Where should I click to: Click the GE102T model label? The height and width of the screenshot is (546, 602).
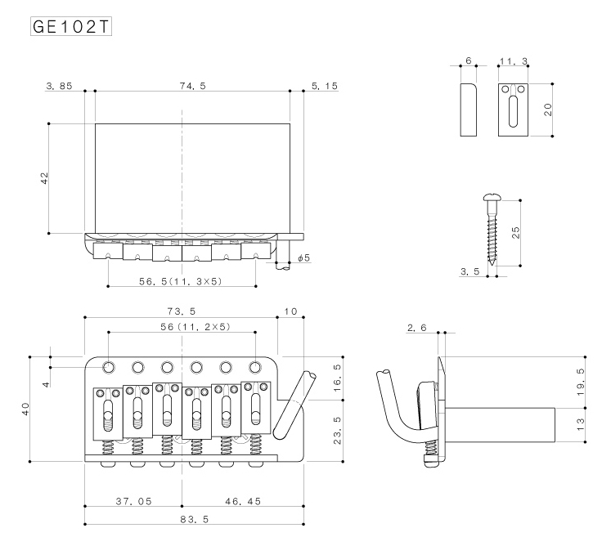coord(71,26)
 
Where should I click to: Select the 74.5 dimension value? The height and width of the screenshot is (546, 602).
coord(193,86)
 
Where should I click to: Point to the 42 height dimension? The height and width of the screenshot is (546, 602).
coord(44,178)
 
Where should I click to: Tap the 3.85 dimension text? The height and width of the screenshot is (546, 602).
coord(59,86)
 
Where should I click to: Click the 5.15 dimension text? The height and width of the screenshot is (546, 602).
coord(325,86)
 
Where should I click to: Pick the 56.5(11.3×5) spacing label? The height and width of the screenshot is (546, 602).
coord(181,281)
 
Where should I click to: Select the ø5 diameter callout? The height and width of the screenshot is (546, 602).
coord(303,257)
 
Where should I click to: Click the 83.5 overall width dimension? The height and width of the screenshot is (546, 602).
coord(195,519)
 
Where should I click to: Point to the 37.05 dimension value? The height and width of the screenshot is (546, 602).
coord(133,501)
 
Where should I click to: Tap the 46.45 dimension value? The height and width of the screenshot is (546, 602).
coord(243,501)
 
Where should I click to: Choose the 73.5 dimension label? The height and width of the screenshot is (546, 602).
coord(182,311)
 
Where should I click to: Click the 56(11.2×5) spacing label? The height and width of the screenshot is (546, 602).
coord(195,326)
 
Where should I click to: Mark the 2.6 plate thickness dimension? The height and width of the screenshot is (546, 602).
coord(417,328)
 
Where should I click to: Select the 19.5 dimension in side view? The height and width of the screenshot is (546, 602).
coord(581,383)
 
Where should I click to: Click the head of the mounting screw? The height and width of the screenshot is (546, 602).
coord(492,198)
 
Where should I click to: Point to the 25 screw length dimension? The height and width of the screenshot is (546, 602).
coord(515,232)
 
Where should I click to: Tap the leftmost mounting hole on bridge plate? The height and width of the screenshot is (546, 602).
coord(109,367)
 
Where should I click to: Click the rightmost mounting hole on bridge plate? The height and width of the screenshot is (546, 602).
coord(255,367)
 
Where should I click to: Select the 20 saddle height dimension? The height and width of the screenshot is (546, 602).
coord(548,110)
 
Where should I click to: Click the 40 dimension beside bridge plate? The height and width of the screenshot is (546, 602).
coord(25,409)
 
